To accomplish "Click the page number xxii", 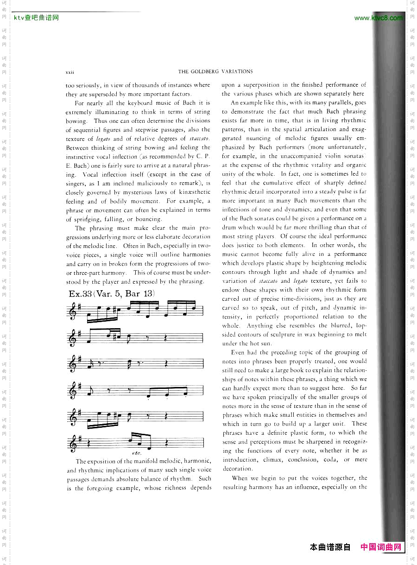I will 70,72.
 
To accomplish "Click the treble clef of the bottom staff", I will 72,443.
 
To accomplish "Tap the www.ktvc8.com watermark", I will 378,18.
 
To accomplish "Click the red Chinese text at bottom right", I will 381,547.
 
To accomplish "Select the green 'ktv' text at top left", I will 19,18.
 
